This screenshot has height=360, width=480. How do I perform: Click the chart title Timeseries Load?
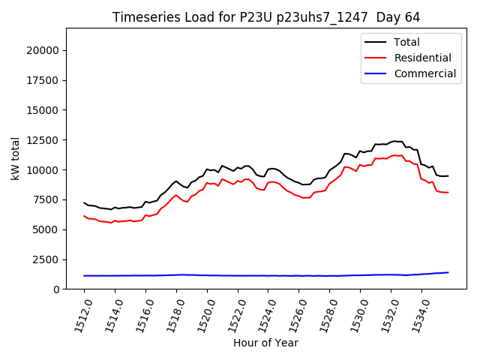click(x=266, y=17)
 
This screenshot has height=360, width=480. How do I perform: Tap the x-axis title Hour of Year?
click(x=265, y=343)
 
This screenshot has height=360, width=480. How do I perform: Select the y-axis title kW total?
click(x=16, y=158)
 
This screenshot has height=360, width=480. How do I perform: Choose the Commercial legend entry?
click(x=424, y=73)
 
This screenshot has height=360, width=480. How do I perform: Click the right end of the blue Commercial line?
click(x=448, y=272)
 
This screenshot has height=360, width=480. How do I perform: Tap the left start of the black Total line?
click(x=84, y=202)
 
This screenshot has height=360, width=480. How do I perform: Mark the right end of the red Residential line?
click(x=448, y=193)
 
